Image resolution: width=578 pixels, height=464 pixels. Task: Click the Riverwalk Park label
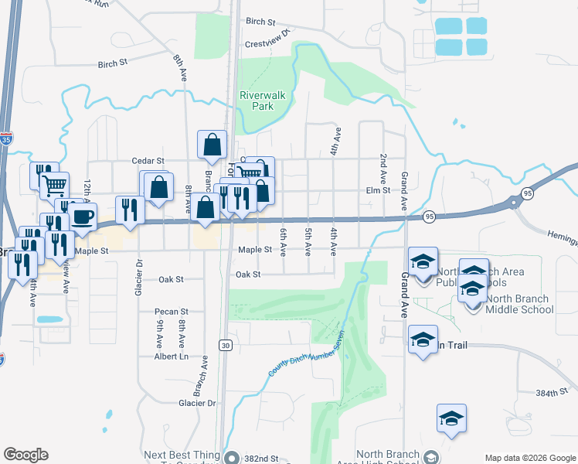click(257, 100)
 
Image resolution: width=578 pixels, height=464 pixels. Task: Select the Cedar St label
click(149, 161)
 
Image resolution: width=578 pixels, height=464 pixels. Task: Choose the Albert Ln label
click(172, 356)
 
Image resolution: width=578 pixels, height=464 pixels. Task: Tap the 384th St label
click(552, 393)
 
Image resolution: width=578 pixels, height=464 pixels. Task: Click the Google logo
click(25, 455)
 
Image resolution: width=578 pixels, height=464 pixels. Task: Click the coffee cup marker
click(82, 216)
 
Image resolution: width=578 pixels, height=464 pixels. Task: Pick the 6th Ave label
click(284, 242)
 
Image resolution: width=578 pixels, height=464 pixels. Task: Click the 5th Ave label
click(308, 242)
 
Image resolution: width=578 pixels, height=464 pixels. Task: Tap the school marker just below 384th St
click(451, 418)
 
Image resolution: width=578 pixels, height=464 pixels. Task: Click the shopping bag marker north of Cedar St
click(212, 144)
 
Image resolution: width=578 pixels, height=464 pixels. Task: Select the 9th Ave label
click(158, 333)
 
